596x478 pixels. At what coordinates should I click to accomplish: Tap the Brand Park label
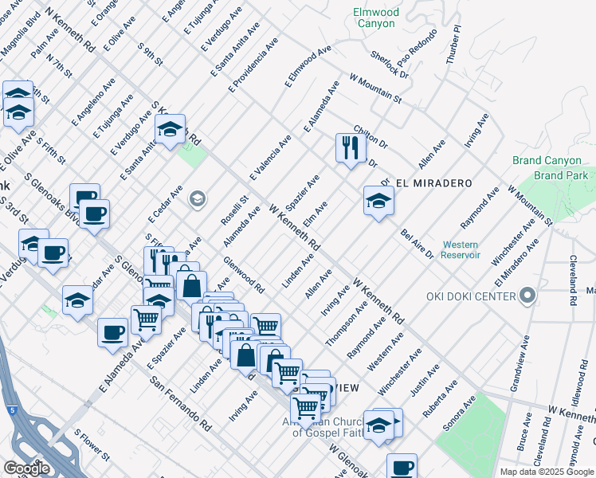[561, 174]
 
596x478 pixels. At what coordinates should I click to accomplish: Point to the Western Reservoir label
[461, 249]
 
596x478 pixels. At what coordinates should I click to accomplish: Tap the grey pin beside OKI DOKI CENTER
[527, 297]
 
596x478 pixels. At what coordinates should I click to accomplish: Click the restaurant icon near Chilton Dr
[349, 147]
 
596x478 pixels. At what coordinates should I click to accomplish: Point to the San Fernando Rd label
[180, 403]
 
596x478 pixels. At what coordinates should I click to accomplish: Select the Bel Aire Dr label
[417, 244]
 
